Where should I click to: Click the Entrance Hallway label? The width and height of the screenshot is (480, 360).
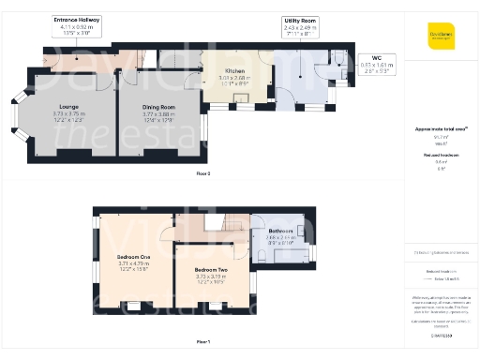(77, 19)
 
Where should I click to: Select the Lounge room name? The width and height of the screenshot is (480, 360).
(68, 107)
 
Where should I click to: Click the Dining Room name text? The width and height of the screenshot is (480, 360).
(158, 107)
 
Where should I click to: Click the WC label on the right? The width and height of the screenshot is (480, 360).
(377, 58)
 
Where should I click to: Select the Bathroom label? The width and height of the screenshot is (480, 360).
(280, 231)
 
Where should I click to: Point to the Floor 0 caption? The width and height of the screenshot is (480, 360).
(203, 173)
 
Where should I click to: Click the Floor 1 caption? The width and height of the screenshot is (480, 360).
(203, 341)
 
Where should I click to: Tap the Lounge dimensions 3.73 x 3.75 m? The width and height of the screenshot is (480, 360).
(68, 114)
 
